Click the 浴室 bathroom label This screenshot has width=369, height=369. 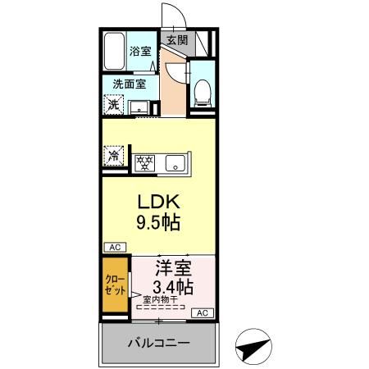pyautogui.click(x=140, y=51)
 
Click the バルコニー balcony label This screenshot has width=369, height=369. pyautogui.click(x=158, y=342)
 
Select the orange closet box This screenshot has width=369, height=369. pyautogui.click(x=116, y=285)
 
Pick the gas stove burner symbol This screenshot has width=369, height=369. pyautogui.click(x=145, y=162)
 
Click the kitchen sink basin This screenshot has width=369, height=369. pyautogui.click(x=175, y=162)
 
